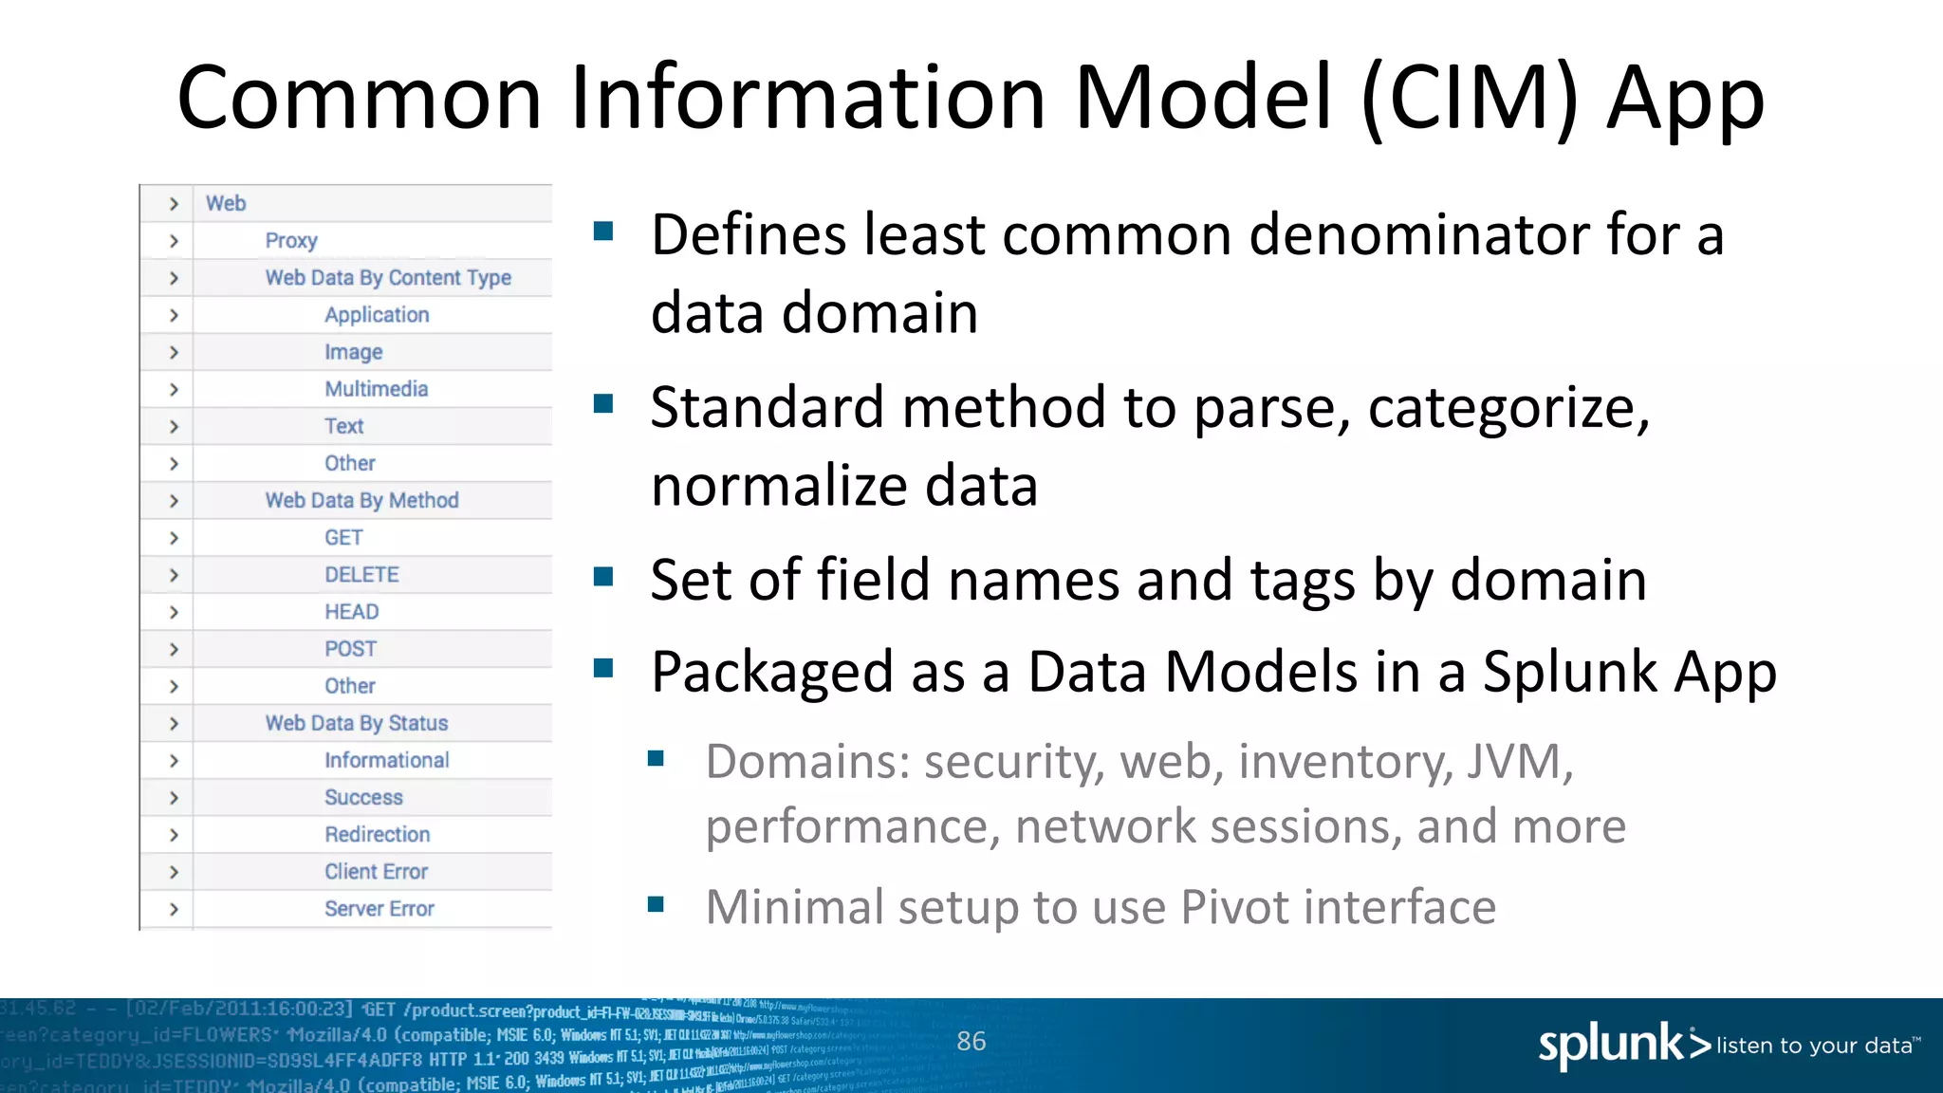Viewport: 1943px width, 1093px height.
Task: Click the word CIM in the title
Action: [x=1470, y=99]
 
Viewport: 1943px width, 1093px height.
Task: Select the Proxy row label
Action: [x=290, y=241]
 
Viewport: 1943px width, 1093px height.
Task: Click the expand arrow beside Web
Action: [x=174, y=204]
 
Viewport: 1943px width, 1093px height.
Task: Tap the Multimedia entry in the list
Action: [x=376, y=389]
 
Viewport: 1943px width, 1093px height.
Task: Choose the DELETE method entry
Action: [x=361, y=575]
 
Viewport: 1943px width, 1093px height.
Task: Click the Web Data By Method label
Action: [x=361, y=501]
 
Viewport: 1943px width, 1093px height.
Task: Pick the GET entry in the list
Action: [x=343, y=538]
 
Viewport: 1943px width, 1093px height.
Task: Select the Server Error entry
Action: [x=379, y=909]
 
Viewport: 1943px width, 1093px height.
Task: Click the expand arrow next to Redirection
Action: [x=174, y=835]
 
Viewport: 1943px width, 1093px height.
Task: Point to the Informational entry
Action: [x=386, y=761]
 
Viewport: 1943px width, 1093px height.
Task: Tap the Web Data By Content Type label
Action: [x=388, y=278]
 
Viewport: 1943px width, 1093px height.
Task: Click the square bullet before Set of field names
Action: [x=603, y=577]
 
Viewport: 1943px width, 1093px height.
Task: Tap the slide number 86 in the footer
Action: [x=971, y=1042]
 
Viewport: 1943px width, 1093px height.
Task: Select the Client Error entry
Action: [x=376, y=872]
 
